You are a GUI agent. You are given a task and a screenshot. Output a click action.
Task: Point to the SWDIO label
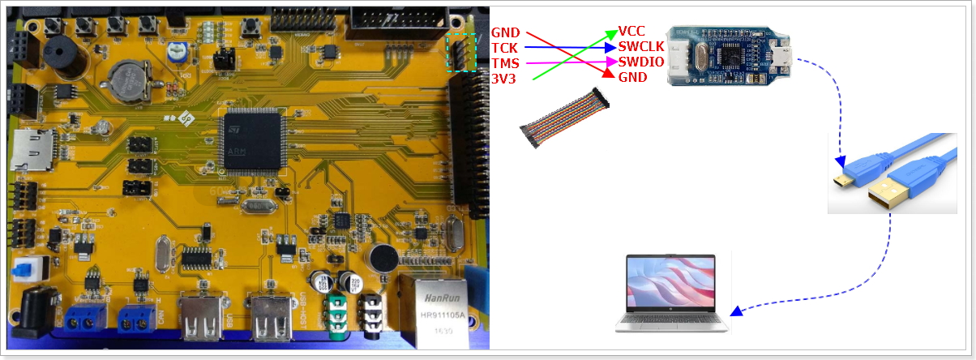(x=641, y=62)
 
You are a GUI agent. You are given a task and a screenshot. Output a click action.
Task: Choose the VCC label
(x=631, y=32)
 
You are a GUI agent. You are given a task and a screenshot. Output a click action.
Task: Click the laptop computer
(x=672, y=293)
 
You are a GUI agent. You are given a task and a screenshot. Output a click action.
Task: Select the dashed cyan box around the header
(x=462, y=53)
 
